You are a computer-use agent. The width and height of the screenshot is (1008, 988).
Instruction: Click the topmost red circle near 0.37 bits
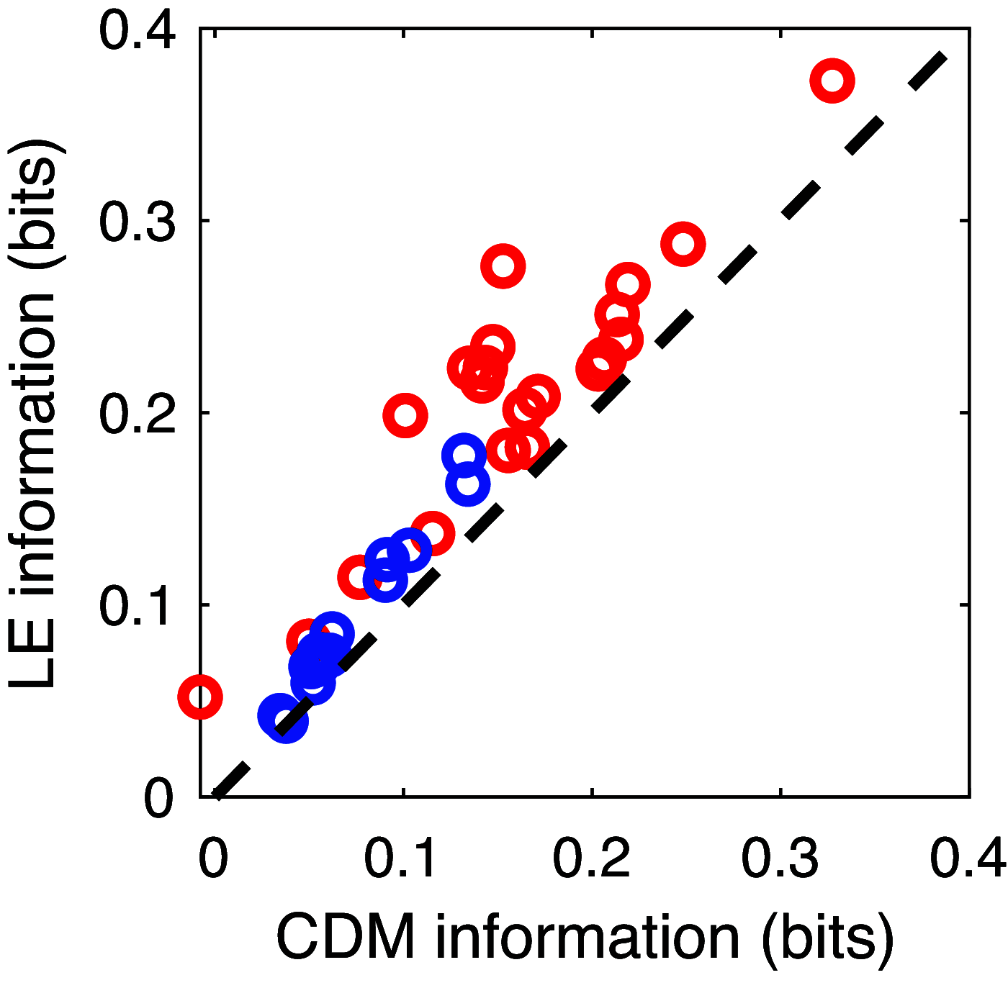point(832,80)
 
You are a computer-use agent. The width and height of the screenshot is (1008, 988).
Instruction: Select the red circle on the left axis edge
point(200,697)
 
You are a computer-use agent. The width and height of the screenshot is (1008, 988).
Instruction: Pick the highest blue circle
point(464,455)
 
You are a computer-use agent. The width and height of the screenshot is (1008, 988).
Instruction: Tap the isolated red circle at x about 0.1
point(405,415)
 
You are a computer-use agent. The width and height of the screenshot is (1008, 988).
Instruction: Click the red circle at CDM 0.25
point(683,243)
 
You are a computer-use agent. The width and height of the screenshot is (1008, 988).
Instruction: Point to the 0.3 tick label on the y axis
point(137,220)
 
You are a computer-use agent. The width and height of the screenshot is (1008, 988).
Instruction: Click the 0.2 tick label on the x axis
point(592,858)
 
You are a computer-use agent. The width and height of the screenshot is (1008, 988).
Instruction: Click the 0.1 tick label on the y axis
point(137,605)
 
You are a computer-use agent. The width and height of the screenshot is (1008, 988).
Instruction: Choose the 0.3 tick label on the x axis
point(780,858)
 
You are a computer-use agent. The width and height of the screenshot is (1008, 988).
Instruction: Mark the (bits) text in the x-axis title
point(828,939)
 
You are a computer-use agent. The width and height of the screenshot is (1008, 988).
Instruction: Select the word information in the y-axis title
point(32,446)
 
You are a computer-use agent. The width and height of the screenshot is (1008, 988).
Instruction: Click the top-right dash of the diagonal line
point(927,71)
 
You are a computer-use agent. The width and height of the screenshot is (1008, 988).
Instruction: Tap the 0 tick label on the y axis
point(158,798)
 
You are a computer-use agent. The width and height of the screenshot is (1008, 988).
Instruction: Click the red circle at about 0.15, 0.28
point(503,266)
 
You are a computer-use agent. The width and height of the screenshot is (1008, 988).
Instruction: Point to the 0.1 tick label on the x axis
point(402,858)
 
